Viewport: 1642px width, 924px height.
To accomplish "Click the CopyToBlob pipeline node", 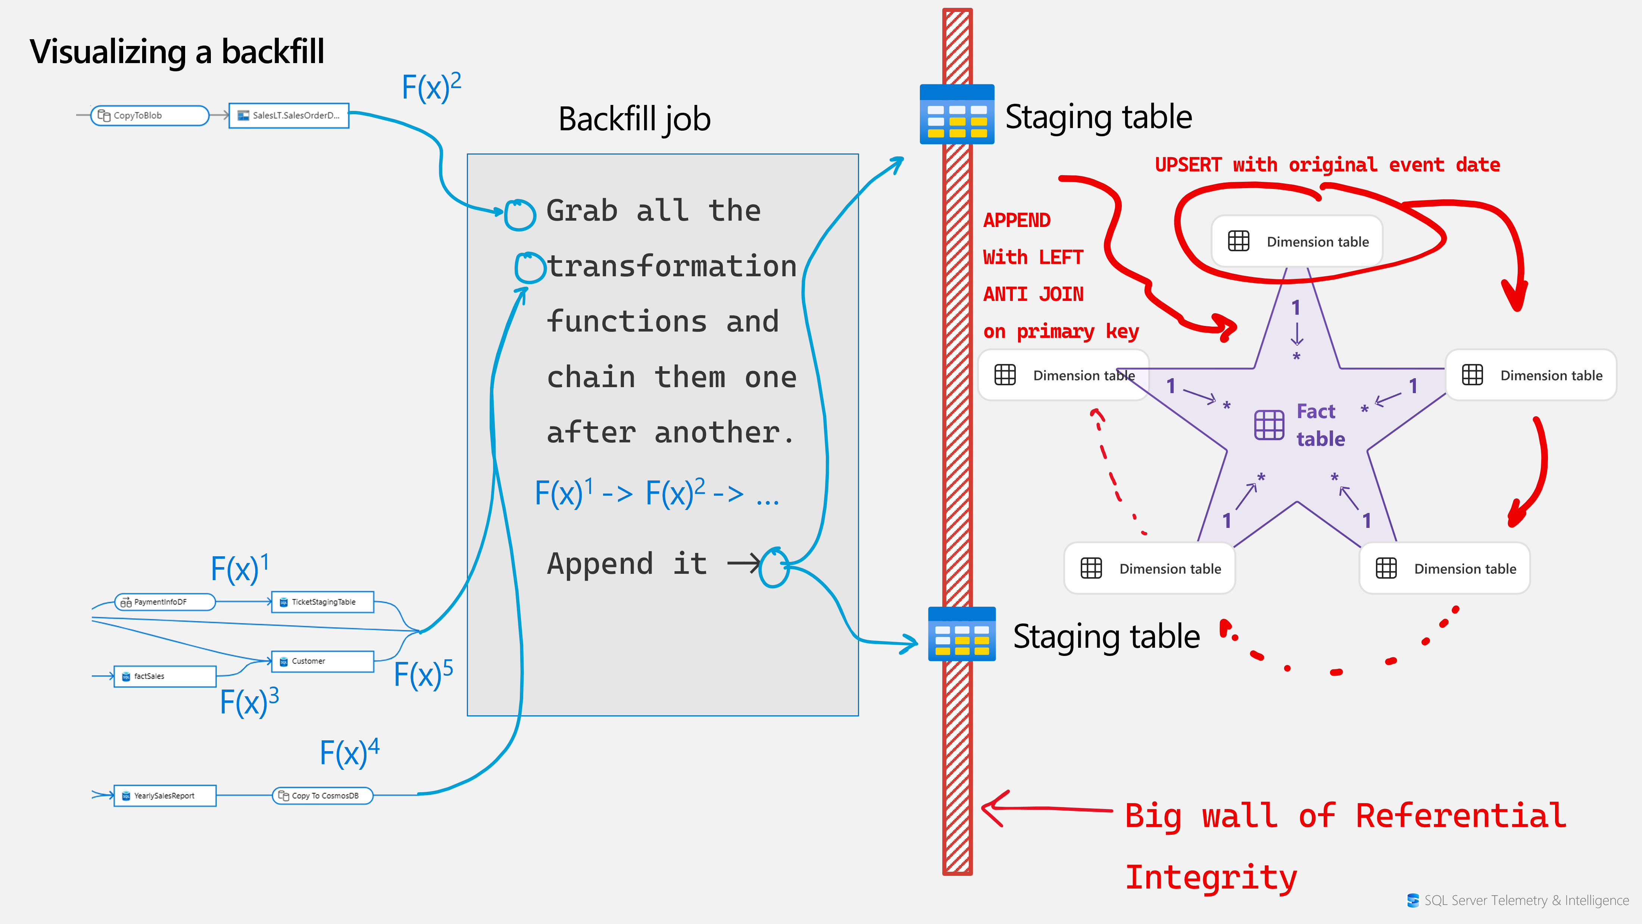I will pos(150,115).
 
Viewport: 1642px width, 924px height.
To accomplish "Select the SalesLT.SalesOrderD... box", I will pos(289,115).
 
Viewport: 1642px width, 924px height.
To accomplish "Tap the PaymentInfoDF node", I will pos(165,602).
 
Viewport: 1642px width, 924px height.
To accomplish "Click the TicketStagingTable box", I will pos(322,602).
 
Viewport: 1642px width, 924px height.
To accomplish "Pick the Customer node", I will pos(322,661).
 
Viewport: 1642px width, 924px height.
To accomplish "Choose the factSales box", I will pos(165,676).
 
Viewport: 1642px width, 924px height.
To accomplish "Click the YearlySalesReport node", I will pos(165,796).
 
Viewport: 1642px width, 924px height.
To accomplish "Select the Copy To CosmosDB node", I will pos(322,796).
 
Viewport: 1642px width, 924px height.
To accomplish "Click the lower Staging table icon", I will pos(962,635).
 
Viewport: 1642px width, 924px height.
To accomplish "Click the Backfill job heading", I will pos(634,119).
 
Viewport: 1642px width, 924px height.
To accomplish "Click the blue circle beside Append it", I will pos(774,567).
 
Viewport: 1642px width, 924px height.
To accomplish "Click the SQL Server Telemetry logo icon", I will pos(1412,900).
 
